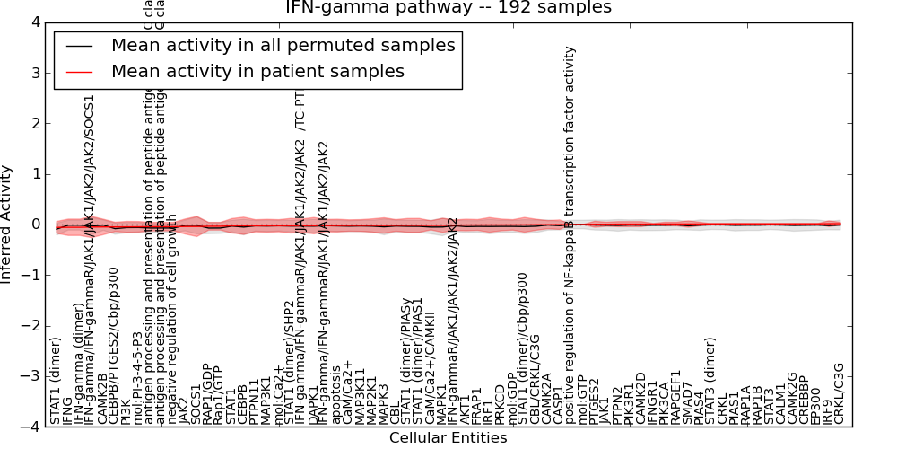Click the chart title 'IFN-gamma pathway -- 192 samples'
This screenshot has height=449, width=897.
pos(448,8)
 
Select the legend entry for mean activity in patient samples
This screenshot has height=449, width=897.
pos(257,71)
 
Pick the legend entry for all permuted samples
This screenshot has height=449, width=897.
pos(283,46)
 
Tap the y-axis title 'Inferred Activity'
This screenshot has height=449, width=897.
pos(7,224)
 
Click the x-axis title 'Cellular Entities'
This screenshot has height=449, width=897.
pos(448,438)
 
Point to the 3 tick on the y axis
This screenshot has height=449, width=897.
pos(34,73)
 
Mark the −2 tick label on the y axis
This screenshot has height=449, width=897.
pos(30,326)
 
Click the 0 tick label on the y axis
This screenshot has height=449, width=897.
pos(34,224)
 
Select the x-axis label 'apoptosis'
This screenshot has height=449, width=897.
pos(336,394)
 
